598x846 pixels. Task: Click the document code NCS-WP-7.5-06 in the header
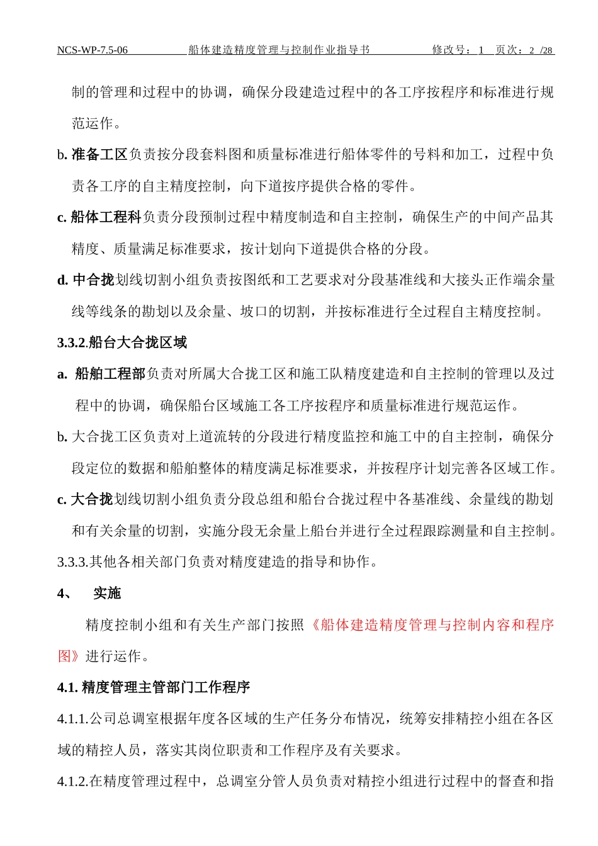click(x=93, y=50)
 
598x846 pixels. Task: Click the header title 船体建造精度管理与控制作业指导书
click(x=279, y=50)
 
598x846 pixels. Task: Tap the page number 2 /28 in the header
click(x=541, y=50)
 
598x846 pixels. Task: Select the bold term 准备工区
click(x=99, y=155)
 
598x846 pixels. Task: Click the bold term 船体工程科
click(x=106, y=218)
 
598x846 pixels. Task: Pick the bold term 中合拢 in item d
click(x=93, y=280)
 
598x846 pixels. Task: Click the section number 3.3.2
click(x=71, y=343)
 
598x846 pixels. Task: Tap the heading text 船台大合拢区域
click(x=138, y=343)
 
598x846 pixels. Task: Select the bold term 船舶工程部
click(x=110, y=375)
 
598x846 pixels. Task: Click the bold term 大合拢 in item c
click(x=92, y=500)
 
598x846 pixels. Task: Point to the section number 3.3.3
click(x=72, y=562)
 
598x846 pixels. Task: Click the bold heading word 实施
click(x=107, y=594)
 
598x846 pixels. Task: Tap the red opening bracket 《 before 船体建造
click(x=313, y=625)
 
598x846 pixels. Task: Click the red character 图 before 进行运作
click(x=65, y=657)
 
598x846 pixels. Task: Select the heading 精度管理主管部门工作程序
click(x=166, y=687)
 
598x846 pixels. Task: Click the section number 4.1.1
click(x=73, y=719)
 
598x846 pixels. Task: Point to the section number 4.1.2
click(x=73, y=782)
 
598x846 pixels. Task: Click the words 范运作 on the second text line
click(x=93, y=123)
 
